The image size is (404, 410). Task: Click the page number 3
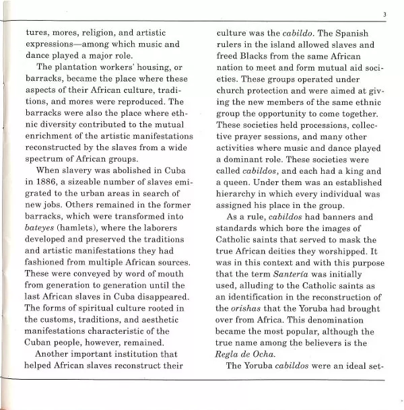point(384,13)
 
